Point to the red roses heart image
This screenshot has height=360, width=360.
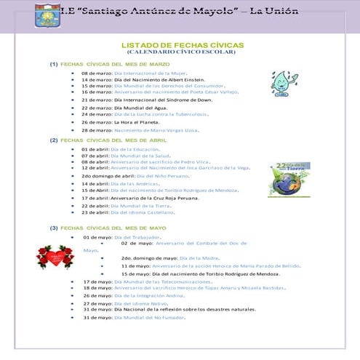pos(55,256)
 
